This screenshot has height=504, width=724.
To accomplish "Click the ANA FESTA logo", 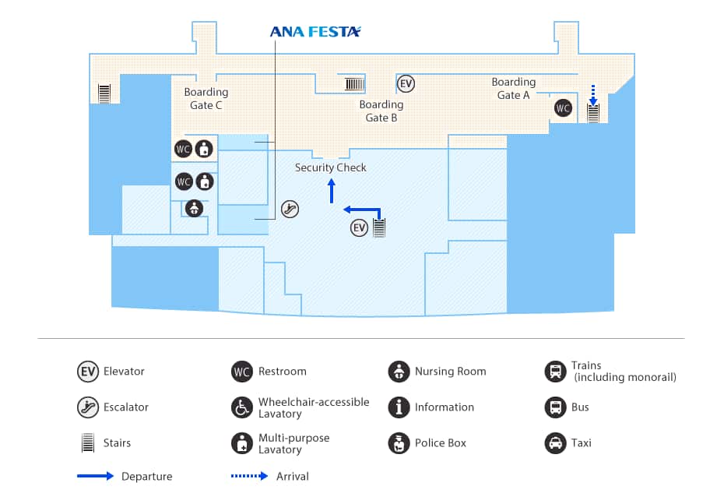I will [x=315, y=32].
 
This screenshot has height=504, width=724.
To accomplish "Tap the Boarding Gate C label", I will [x=206, y=98].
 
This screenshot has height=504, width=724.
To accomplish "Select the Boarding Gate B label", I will [x=381, y=111].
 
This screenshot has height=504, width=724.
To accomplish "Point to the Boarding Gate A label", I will [x=514, y=88].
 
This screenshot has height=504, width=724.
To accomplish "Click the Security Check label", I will [x=331, y=167].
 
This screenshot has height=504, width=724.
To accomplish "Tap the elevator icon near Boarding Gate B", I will [x=406, y=83].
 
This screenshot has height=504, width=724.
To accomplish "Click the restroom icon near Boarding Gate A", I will [x=563, y=108].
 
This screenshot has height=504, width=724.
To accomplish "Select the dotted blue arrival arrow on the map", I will [x=592, y=95].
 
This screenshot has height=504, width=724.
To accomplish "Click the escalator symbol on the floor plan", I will [x=290, y=208].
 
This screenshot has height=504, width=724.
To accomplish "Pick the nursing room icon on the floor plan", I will [x=194, y=208].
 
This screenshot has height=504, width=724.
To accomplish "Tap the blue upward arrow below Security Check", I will [x=332, y=191].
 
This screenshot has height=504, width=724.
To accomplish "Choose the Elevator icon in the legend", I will [x=87, y=372].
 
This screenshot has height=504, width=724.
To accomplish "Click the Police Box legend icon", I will [x=399, y=443].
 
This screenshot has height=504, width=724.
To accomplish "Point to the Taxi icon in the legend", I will [x=555, y=443].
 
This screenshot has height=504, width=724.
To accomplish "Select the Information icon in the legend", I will [x=399, y=407].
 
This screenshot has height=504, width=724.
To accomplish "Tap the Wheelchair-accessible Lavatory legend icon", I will [x=242, y=407].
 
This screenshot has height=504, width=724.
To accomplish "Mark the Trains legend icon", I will [x=555, y=372].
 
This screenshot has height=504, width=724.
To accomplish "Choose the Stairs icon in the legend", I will [x=87, y=443].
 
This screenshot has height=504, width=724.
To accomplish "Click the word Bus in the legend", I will [x=580, y=407].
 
